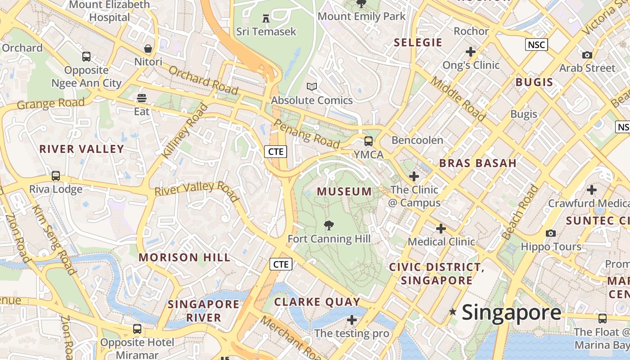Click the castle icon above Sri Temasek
266,18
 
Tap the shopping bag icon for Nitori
148,49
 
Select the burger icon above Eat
142,98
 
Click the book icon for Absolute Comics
311,86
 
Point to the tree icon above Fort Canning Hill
329,225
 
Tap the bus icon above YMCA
369,141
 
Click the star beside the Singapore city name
453,311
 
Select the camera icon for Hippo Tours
551,233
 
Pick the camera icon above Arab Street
587,55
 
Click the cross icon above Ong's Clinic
471,52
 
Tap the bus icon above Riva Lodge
56,176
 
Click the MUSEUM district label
344,192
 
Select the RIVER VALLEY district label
81,149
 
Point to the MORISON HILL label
184,257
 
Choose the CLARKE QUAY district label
317,301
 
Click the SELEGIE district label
418,43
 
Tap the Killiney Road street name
185,130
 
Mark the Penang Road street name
306,134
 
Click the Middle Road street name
459,99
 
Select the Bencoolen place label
417,140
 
